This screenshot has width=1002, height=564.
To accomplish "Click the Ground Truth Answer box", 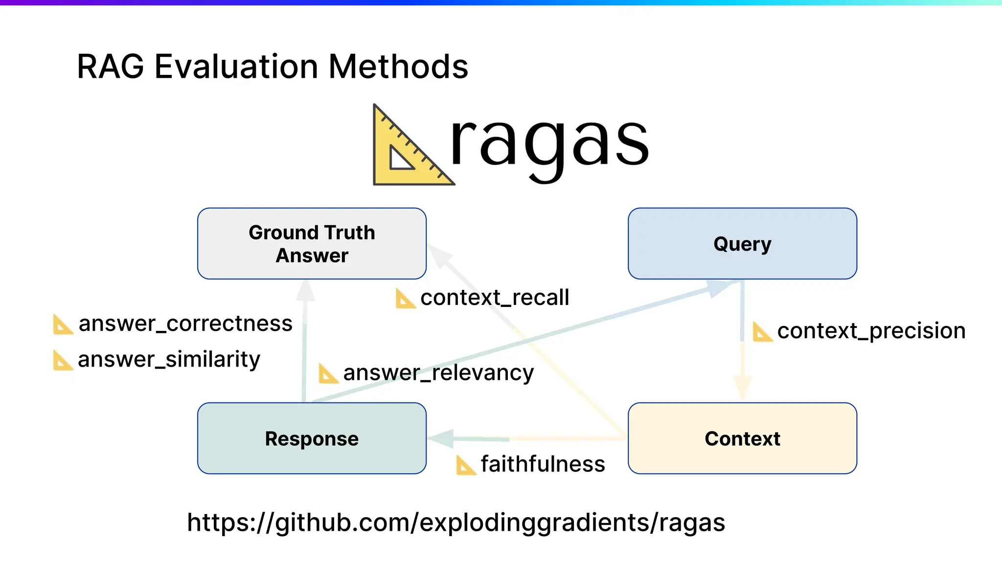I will tap(312, 243).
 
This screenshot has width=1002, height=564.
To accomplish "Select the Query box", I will tap(742, 243).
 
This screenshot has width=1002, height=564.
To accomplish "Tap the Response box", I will tap(312, 438).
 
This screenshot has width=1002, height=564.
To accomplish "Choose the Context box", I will tap(742, 438).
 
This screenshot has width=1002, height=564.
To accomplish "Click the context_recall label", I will tap(494, 298).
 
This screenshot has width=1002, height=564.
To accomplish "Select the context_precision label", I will tap(871, 331).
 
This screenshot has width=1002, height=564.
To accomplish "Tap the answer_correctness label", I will tap(185, 324).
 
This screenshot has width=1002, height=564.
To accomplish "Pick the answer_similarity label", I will tap(169, 359).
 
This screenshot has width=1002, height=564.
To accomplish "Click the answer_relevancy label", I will tap(438, 373).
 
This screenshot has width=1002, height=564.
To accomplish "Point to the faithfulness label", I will tap(543, 464).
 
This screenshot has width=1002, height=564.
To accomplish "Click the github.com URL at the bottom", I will tap(455, 522).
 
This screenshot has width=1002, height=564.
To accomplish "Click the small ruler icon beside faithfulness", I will tap(465, 465).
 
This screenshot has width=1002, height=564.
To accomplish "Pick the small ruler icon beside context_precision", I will tap(761, 332).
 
